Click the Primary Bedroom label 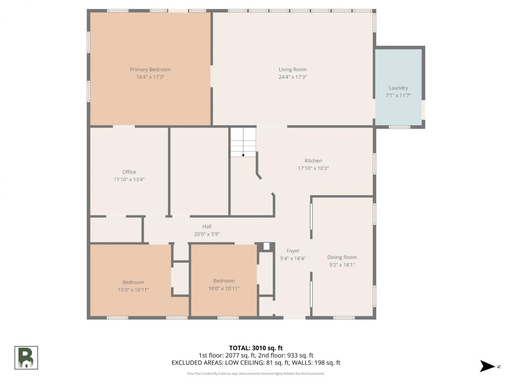pyautogui.click(x=150, y=70)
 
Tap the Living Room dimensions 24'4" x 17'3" pyautogui.click(x=293, y=77)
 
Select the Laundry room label pyautogui.click(x=398, y=88)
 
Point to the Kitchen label pyautogui.click(x=313, y=161)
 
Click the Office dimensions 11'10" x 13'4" pyautogui.click(x=129, y=179)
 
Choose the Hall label pyautogui.click(x=207, y=226)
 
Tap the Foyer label pyautogui.click(x=293, y=251)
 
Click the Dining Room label pyautogui.click(x=342, y=257)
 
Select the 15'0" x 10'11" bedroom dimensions pyautogui.click(x=133, y=289)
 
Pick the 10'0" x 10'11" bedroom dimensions pyautogui.click(x=224, y=288)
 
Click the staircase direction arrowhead pyautogui.click(x=243, y=155)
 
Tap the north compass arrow pyautogui.click(x=487, y=366)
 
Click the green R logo pyautogui.click(x=26, y=358)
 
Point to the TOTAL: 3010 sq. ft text pyautogui.click(x=256, y=348)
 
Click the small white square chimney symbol pyautogui.click(x=266, y=246)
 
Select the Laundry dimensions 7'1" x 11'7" pyautogui.click(x=398, y=95)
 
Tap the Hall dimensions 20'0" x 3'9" pyautogui.click(x=207, y=234)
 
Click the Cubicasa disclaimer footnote pyautogui.click(x=256, y=373)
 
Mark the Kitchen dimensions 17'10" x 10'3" pyautogui.click(x=313, y=168)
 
